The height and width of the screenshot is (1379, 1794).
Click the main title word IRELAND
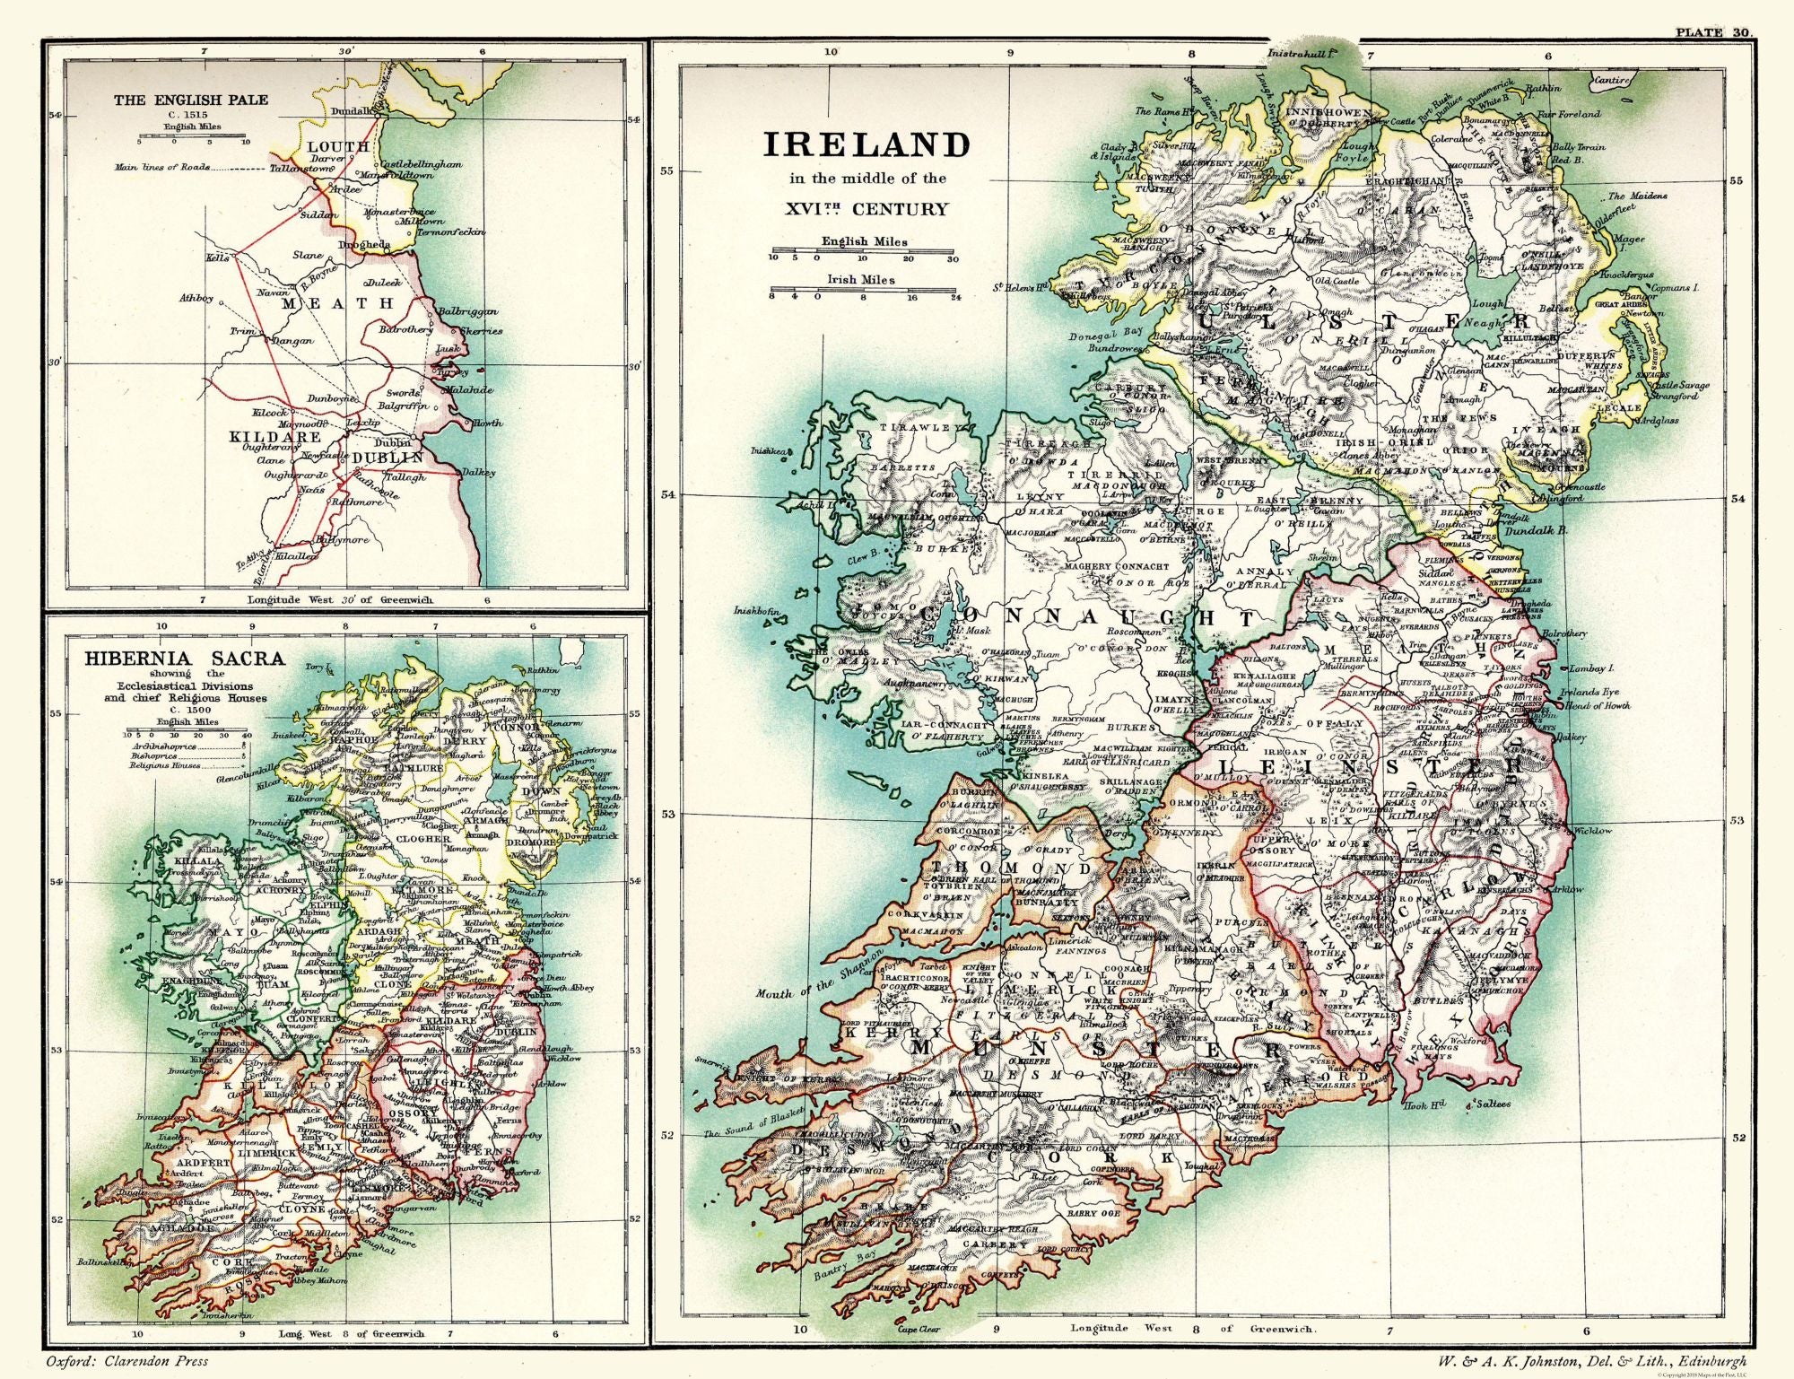pos(866,144)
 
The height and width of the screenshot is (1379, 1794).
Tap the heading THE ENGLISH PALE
pos(190,100)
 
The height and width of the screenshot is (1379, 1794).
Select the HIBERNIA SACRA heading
pos(184,658)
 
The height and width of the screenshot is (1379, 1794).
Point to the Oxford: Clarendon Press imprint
pos(125,1361)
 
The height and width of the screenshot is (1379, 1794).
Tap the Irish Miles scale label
pos(860,279)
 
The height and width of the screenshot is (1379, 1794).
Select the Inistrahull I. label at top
pos(1302,55)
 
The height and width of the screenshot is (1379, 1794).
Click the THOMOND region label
pos(1011,868)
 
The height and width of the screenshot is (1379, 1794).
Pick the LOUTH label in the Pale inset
pos(338,145)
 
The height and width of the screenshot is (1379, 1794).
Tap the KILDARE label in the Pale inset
pos(275,437)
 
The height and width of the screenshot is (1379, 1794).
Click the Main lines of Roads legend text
pos(162,167)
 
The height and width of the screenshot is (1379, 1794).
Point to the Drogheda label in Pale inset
pos(364,244)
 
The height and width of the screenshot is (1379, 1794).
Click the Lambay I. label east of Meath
pos(1592,669)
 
